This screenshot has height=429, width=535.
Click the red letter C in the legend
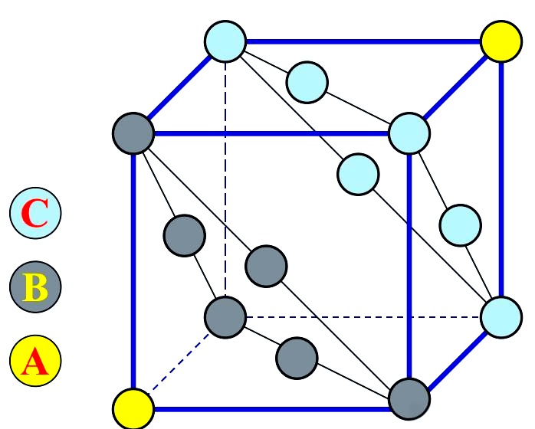click(35, 214)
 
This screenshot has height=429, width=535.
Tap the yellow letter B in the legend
click(35, 287)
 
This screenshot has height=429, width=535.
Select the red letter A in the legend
click(35, 361)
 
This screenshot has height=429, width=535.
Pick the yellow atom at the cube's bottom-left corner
click(133, 408)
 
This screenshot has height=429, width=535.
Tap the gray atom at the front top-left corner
click(133, 133)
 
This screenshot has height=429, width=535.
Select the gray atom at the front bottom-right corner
click(409, 398)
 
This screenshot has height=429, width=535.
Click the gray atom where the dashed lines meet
click(225, 316)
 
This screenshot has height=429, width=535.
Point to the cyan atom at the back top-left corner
click(225, 41)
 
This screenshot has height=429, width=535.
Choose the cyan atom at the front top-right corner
click(409, 133)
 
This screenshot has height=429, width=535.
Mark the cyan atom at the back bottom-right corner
click(501, 316)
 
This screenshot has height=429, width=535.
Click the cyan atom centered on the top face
click(307, 81)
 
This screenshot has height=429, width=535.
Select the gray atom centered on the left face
click(185, 234)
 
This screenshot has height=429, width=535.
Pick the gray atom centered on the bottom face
click(297, 356)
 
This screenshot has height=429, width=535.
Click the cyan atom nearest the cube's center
click(358, 173)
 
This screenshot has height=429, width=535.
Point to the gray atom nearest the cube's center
click(266, 266)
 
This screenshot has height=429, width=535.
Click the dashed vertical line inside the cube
click(225, 176)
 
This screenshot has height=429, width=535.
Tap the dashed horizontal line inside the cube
click(360, 316)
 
